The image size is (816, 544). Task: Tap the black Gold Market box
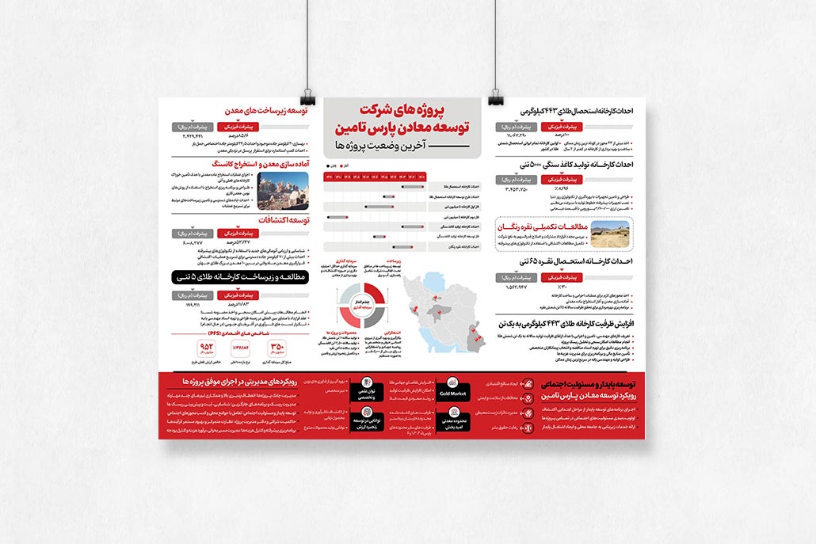pyautogui.click(x=452, y=392)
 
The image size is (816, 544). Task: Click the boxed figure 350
pyautogui.click(x=277, y=348)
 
